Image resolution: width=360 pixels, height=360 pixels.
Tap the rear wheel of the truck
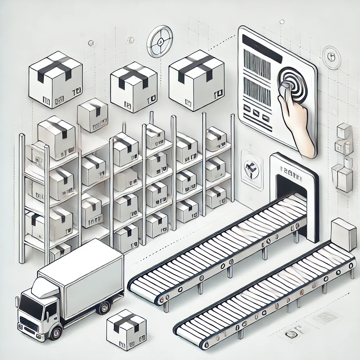coord(104,307)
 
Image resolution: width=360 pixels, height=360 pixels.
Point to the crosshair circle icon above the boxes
coord(160,41)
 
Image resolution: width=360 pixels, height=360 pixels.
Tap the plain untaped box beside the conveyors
coord(343,234)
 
